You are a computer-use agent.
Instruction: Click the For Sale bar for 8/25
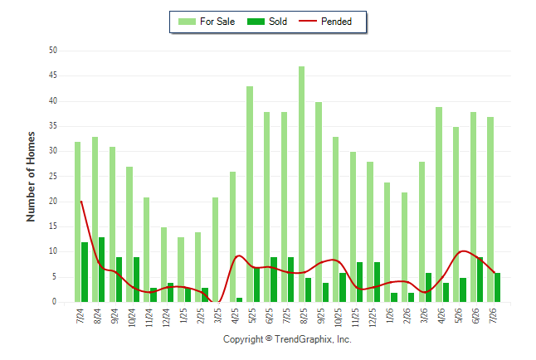tap(301, 184)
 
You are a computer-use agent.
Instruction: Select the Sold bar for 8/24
tap(101, 270)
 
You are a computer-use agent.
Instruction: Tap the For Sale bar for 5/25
tap(250, 194)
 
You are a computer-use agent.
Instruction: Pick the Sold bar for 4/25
tap(239, 299)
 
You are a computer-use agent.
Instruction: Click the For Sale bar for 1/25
tap(181, 270)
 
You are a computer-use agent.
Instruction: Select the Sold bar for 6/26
tap(480, 280)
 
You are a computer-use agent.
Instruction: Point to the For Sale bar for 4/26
tap(439, 204)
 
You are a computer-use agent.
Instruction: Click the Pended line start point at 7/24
tap(81, 202)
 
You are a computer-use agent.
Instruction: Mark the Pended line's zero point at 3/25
tap(219, 302)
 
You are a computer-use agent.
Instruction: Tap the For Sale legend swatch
tap(187, 22)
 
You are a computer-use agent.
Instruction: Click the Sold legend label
tap(278, 22)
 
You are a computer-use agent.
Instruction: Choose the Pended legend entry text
tap(336, 22)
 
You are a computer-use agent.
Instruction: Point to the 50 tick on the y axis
tap(53, 51)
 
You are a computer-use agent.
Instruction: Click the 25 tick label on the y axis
tap(53, 177)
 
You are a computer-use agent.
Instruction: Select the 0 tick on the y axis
tap(55, 302)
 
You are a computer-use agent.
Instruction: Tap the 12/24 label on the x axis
tap(166, 318)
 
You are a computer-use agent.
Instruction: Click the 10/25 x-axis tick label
tap(338, 318)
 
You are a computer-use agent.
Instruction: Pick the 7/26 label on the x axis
tap(493, 315)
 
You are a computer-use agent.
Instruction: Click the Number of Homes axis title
tap(31, 177)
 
